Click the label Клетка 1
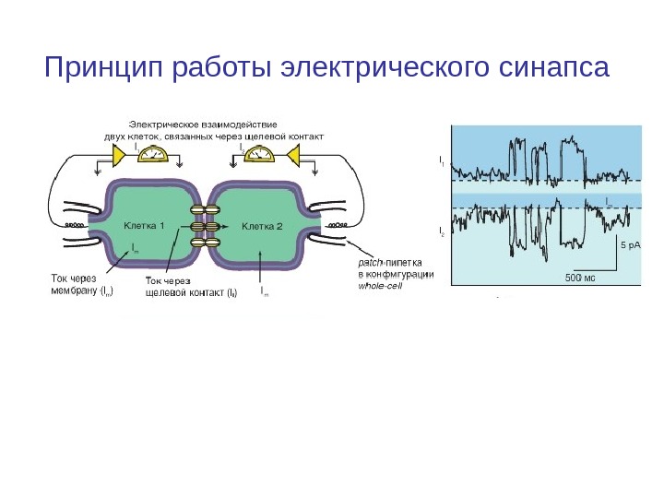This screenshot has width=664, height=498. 143,225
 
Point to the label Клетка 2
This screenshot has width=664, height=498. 261,225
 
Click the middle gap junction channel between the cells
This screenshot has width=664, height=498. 204,226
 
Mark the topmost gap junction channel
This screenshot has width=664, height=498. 204,210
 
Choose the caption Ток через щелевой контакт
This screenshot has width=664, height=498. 191,287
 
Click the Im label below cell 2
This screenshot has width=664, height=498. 266,290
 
